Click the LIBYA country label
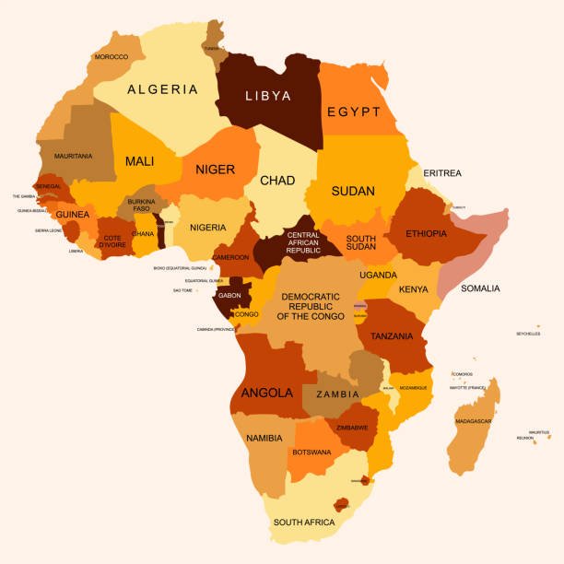tap(268, 96)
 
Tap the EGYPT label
tap(353, 112)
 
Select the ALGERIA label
tap(162, 89)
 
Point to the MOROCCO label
tap(112, 57)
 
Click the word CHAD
tap(277, 181)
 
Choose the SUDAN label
tap(353, 192)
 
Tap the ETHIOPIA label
tap(426, 233)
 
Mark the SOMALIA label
tap(480, 288)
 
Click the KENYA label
tap(414, 289)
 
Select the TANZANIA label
tap(392, 336)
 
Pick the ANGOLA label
tap(267, 393)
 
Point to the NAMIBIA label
tap(264, 438)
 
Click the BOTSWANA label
tap(311, 452)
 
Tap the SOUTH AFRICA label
tap(304, 523)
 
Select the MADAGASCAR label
tap(473, 421)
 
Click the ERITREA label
tap(442, 173)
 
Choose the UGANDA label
tap(379, 275)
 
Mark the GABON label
tap(230, 297)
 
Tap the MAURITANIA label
tap(73, 156)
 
